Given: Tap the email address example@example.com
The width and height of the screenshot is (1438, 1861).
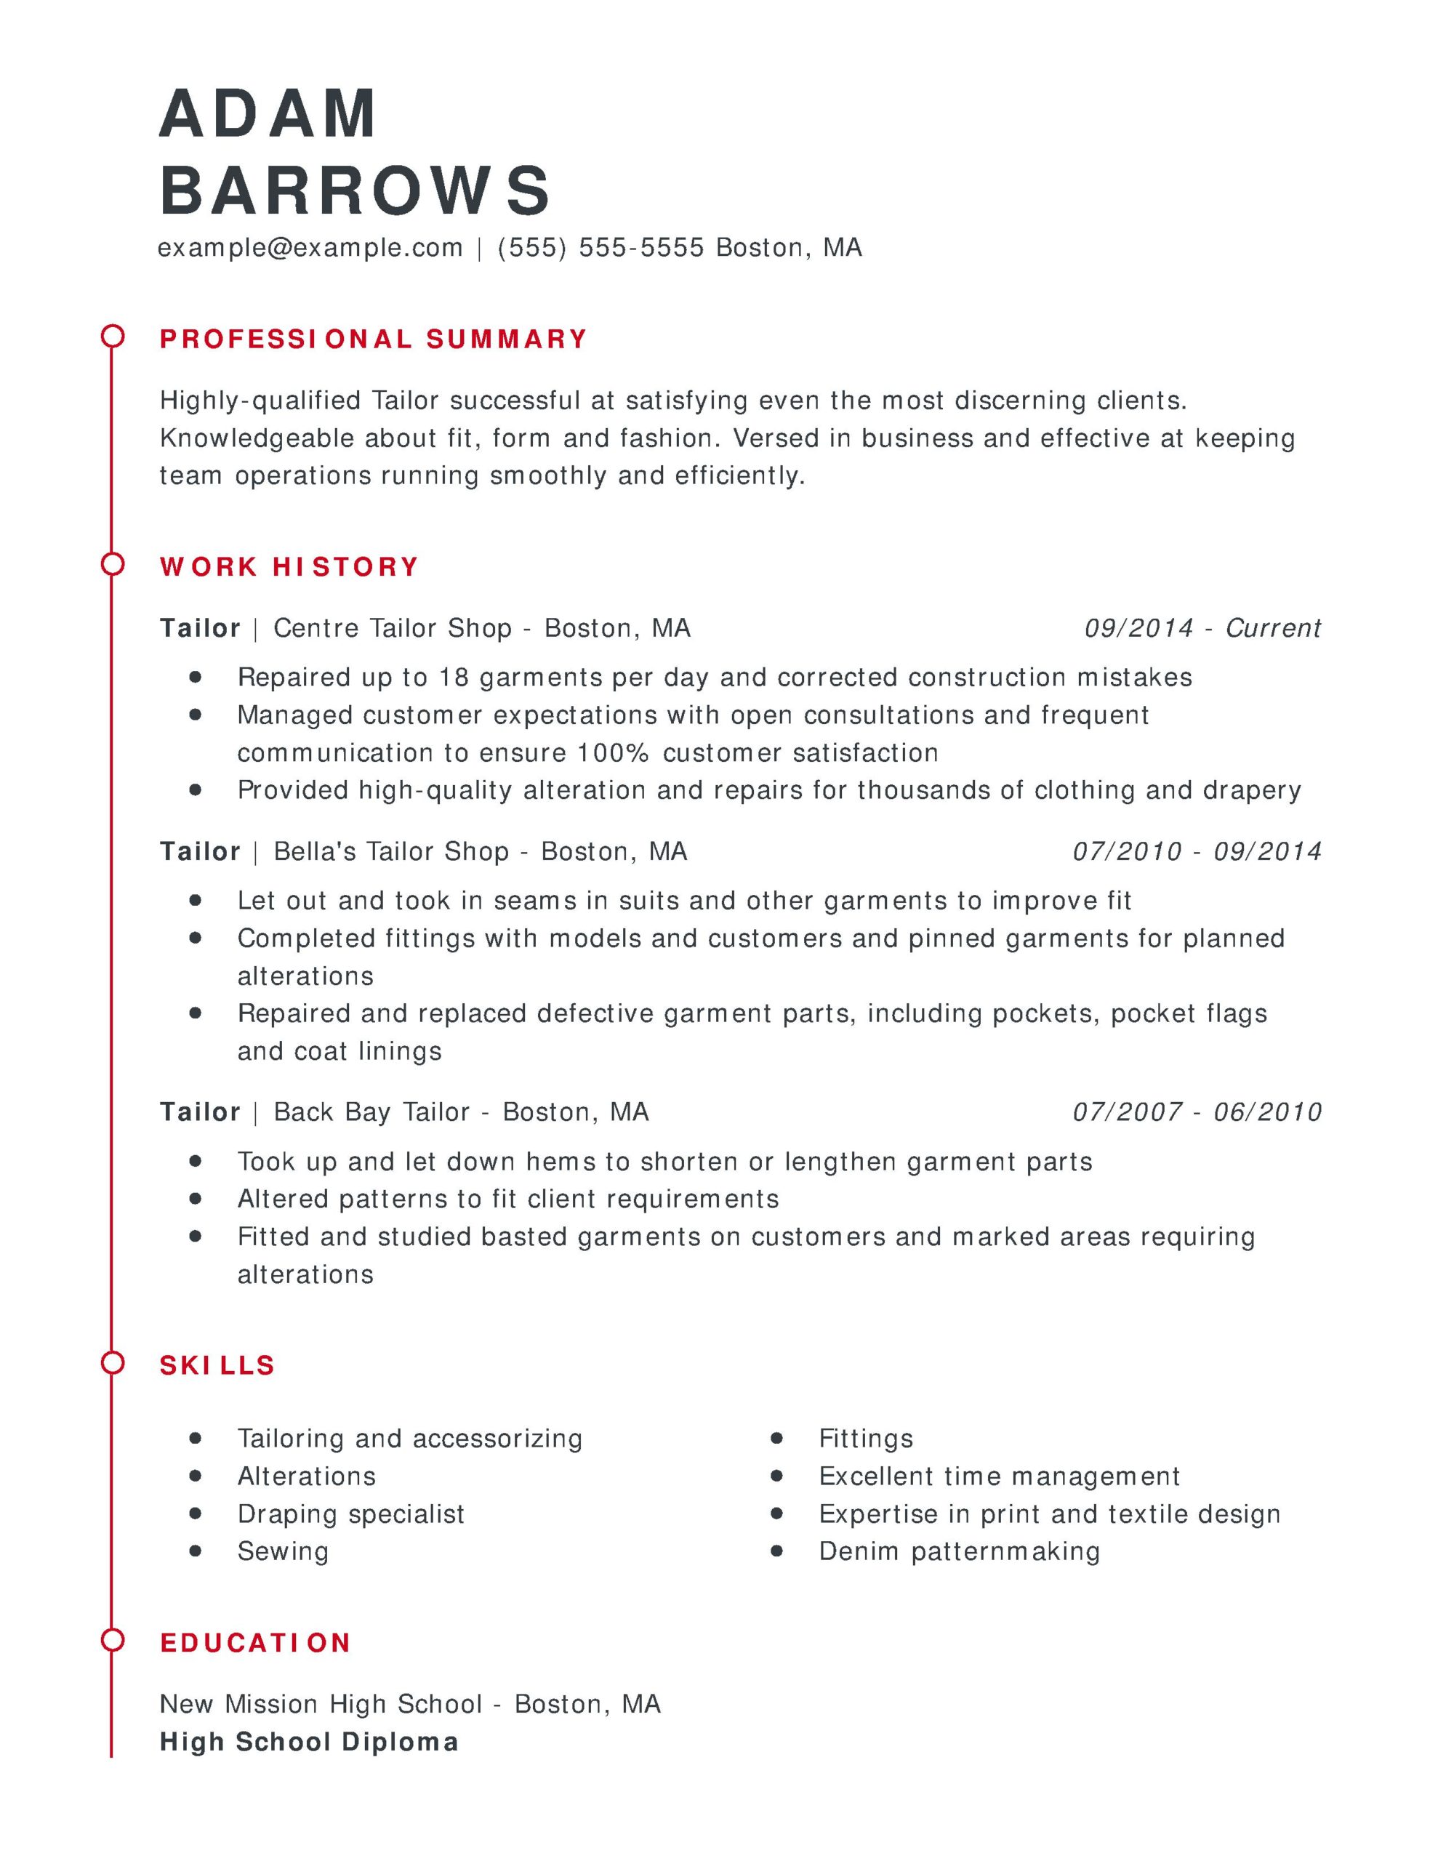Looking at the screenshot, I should [x=310, y=248].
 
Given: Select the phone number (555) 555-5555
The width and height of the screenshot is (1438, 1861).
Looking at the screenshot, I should [x=601, y=248].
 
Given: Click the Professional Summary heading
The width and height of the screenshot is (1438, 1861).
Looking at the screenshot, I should [x=374, y=339].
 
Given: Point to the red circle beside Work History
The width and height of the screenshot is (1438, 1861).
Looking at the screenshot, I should [x=113, y=564].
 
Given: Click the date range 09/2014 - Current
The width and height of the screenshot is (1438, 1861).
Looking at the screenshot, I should [x=1202, y=628].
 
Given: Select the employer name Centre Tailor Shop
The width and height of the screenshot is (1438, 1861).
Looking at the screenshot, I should [x=392, y=628].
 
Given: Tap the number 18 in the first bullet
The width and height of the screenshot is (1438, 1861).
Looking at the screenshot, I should [x=454, y=678].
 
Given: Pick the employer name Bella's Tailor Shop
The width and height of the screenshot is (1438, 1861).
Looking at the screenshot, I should [x=391, y=851].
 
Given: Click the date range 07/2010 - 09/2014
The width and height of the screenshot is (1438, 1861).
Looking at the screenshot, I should [x=1197, y=851].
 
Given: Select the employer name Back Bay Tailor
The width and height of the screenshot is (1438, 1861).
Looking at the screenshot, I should [x=371, y=1112].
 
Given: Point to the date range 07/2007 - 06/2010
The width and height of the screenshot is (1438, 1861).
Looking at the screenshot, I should [x=1197, y=1112].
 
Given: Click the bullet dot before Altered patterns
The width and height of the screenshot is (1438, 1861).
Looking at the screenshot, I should [x=196, y=1198].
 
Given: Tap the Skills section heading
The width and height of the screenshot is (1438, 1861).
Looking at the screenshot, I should [x=217, y=1365].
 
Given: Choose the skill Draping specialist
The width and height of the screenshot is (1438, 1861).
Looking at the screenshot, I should [x=350, y=1514].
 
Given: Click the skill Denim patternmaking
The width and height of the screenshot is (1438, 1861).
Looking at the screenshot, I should [x=959, y=1551].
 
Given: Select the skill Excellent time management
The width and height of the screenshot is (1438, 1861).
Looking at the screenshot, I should [x=999, y=1476].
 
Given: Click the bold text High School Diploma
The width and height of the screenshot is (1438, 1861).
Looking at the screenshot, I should [x=308, y=1742].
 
